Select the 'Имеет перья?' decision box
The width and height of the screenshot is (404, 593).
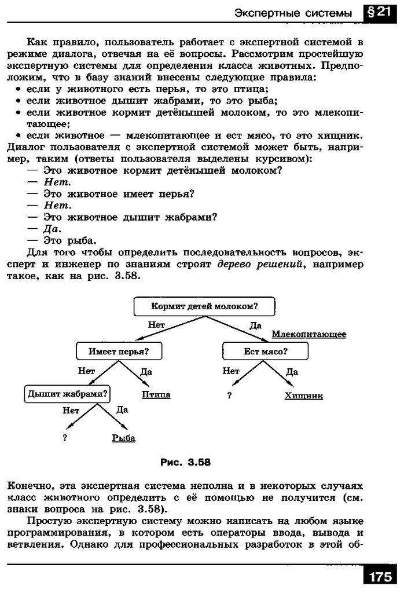(x=119, y=351)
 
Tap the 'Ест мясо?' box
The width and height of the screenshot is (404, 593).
(x=266, y=351)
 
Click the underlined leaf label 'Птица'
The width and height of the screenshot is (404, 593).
(x=156, y=395)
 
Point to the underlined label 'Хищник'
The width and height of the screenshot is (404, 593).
(x=303, y=396)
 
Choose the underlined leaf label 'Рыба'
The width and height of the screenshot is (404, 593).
(x=123, y=438)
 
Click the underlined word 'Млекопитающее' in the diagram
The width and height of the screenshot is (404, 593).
(x=309, y=334)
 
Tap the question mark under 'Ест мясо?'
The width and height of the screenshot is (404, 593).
(x=230, y=396)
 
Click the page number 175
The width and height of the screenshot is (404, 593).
(x=379, y=577)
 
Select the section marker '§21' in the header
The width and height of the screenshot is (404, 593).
(x=379, y=13)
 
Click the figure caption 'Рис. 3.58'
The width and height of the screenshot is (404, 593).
(x=185, y=462)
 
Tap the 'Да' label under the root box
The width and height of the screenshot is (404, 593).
(x=255, y=326)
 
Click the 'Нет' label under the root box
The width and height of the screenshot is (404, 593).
(x=156, y=325)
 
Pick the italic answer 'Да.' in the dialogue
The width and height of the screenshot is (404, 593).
(x=53, y=229)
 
